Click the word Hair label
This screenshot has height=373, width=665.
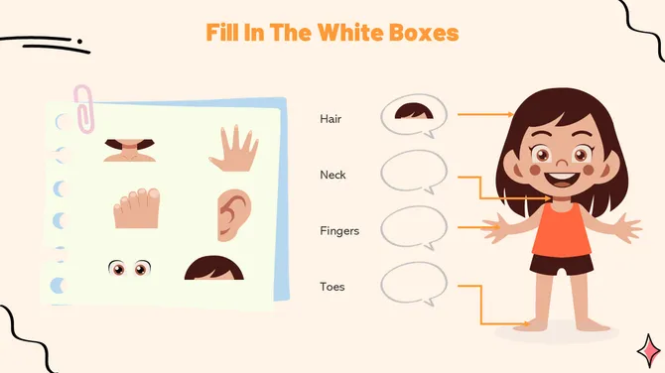pyautogui.click(x=331, y=119)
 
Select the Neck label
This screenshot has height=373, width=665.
pyautogui.click(x=332, y=175)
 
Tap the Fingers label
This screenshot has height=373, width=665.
pyautogui.click(x=339, y=231)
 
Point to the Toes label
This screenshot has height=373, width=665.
pyautogui.click(x=332, y=287)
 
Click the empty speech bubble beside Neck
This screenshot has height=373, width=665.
pyautogui.click(x=414, y=172)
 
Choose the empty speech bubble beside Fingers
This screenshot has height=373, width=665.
pyautogui.click(x=414, y=228)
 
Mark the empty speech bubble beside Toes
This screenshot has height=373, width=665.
pyautogui.click(x=414, y=284)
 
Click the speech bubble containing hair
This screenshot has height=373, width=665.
pyautogui.click(x=414, y=115)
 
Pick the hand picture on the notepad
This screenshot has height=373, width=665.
pyautogui.click(x=233, y=149)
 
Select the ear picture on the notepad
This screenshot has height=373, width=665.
pyautogui.click(x=234, y=215)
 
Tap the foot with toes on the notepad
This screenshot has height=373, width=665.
pyautogui.click(x=136, y=208)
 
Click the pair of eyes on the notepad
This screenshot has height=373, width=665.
pyautogui.click(x=129, y=268)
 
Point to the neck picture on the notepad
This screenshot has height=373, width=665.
pyautogui.click(x=130, y=151)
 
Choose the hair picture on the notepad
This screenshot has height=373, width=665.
pyautogui.click(x=214, y=268)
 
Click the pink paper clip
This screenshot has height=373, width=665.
pyautogui.click(x=84, y=109)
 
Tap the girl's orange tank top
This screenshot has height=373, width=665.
pyautogui.click(x=561, y=229)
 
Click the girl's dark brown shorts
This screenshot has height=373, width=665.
pyautogui.click(x=562, y=265)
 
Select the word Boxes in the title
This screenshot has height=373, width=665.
pyautogui.click(x=424, y=32)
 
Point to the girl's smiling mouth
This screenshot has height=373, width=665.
pyautogui.click(x=561, y=178)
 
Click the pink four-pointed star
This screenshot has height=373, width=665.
pyautogui.click(x=649, y=351)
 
